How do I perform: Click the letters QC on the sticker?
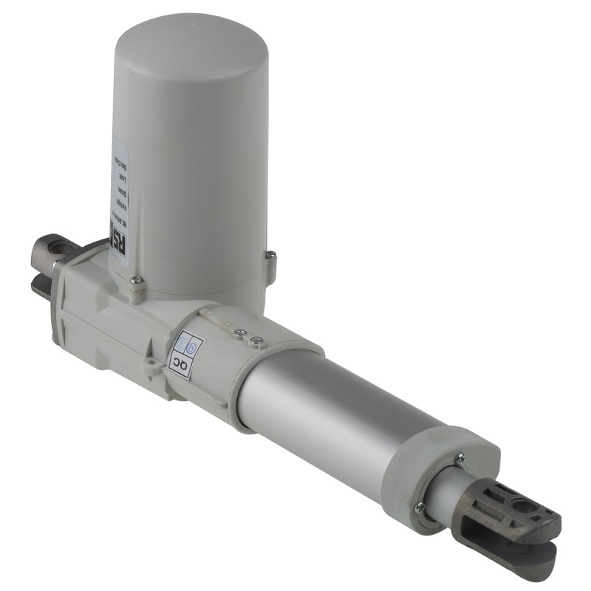[x=180, y=365]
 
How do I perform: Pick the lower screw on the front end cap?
[x=419, y=507]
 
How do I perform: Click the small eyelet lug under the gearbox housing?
[x=151, y=366]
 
